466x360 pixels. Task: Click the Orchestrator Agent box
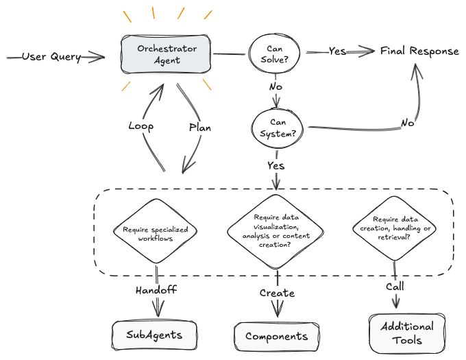pyautogui.click(x=167, y=54)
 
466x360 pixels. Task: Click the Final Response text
pyautogui.click(x=419, y=51)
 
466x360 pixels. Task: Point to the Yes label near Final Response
pyautogui.click(x=337, y=51)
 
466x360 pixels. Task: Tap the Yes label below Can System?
pyautogui.click(x=276, y=165)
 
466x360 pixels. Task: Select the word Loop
pyautogui.click(x=141, y=126)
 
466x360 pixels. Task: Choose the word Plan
pyautogui.click(x=201, y=126)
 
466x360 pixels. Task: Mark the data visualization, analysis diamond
pyautogui.click(x=277, y=230)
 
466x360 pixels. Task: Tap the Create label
pyautogui.click(x=277, y=293)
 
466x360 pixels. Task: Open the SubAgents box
pyautogui.click(x=155, y=335)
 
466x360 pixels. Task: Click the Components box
pyautogui.click(x=276, y=336)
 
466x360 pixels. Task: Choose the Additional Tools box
pyautogui.click(x=407, y=333)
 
